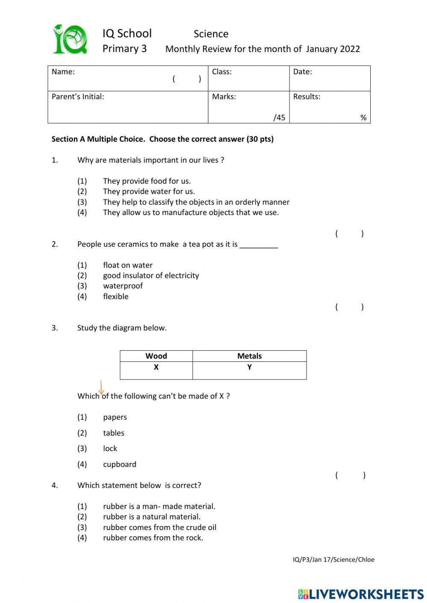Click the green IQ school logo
click(x=70, y=40)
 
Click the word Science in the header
click(x=211, y=34)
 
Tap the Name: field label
click(x=63, y=72)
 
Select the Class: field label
click(x=222, y=72)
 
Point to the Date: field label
click(x=302, y=72)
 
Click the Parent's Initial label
click(x=78, y=96)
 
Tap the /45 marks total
click(x=279, y=117)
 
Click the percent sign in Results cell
click(x=363, y=117)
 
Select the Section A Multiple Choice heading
click(x=162, y=139)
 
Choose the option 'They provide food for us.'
click(x=146, y=181)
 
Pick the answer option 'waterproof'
click(x=123, y=286)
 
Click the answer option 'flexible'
click(x=115, y=297)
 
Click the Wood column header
click(x=156, y=356)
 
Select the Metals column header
click(x=249, y=356)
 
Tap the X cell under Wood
click(x=156, y=367)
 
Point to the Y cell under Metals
click(x=249, y=367)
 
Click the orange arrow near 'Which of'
click(x=101, y=388)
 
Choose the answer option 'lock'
click(x=110, y=449)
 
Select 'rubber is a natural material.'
click(x=152, y=517)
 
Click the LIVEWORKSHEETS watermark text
click(x=366, y=594)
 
